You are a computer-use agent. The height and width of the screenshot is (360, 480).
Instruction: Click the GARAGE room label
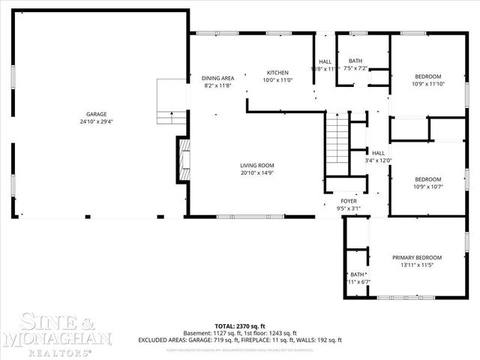95,114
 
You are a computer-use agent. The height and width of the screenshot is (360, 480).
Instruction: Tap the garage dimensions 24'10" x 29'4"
95,121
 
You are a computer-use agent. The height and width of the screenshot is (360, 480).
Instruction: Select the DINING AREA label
218,78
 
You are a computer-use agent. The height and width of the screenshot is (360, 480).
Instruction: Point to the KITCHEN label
277,73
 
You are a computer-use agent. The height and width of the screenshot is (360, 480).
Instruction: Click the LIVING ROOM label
257,166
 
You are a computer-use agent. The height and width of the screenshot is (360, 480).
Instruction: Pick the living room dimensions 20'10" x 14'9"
257,173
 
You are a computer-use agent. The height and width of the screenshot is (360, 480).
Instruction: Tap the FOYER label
349,201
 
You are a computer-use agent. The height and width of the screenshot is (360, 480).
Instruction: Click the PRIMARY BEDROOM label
418,258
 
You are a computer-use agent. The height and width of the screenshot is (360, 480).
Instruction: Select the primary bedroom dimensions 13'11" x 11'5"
418,265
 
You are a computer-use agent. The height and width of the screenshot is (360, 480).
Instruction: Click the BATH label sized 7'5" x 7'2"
354,60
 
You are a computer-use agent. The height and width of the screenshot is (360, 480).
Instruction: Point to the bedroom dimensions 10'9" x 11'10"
428,84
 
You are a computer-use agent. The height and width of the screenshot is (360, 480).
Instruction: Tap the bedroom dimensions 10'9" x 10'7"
428,187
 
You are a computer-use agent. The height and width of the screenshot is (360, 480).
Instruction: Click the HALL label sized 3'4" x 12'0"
379,160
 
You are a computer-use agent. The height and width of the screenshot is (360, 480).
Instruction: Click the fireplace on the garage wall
181,159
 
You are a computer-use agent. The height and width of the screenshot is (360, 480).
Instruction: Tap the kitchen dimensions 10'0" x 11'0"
277,80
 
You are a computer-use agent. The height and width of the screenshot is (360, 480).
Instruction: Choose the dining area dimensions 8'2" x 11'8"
218,85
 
